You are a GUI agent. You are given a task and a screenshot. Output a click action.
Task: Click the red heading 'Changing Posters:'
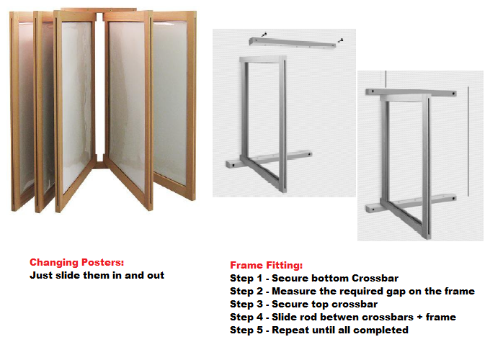point(76,262)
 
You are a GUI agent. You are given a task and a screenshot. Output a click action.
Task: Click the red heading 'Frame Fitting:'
point(266,265)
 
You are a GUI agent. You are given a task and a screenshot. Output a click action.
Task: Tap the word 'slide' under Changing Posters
point(68,275)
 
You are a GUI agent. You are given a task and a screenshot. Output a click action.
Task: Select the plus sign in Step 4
point(419,318)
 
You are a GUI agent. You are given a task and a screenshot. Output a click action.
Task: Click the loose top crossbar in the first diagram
point(293,42)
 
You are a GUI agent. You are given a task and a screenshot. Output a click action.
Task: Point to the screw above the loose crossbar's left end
point(264,34)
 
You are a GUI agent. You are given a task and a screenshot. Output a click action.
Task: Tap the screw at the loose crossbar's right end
point(341,40)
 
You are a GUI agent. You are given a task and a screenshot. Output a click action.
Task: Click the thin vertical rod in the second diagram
point(468,141)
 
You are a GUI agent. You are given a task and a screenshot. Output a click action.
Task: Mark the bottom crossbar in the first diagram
point(269,158)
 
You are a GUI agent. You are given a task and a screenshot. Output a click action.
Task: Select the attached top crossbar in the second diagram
point(411,93)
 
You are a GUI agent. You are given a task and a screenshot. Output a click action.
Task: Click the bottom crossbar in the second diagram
point(411,204)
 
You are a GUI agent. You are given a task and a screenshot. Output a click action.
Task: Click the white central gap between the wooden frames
point(99,86)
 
